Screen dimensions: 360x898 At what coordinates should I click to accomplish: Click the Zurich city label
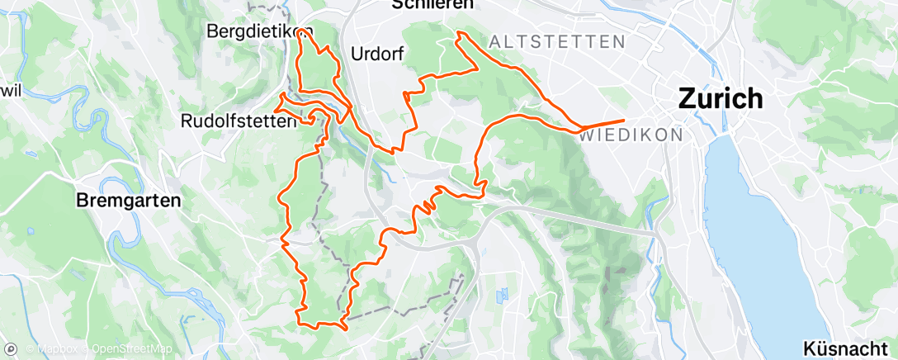point(721,98)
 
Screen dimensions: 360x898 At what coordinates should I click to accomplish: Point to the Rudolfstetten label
point(238,121)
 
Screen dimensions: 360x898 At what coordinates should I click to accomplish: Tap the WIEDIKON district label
point(631,134)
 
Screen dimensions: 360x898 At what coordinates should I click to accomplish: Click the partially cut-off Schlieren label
point(424,4)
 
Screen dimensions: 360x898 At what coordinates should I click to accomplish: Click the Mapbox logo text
point(58,348)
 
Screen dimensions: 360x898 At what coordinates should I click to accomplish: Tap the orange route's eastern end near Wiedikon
point(624,121)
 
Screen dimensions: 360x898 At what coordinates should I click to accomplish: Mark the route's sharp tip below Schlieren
point(459,33)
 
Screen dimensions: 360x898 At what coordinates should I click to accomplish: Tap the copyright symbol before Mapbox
point(30,348)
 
